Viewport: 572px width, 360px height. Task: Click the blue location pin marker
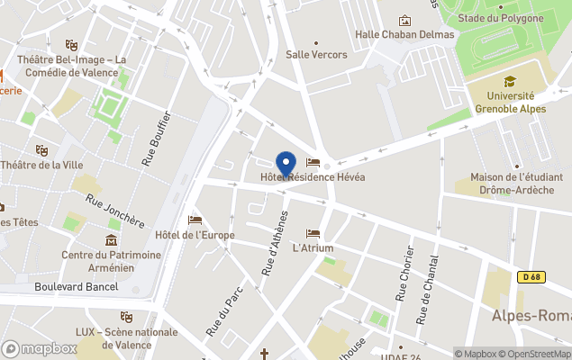coord(286,165)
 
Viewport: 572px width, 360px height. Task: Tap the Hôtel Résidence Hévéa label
coord(313,177)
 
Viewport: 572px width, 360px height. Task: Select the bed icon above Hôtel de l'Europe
coord(195,220)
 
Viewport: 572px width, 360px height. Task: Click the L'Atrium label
coord(313,247)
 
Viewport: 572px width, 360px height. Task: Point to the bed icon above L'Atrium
coord(313,233)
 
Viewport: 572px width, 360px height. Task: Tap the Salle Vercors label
coord(316,54)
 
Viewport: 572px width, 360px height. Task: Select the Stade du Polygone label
coord(500,18)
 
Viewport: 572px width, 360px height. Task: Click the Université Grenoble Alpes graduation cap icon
coord(510,81)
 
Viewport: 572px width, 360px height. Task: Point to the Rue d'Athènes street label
coord(274,243)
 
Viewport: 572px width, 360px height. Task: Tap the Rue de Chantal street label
coord(427,290)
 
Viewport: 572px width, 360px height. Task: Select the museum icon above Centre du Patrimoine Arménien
coord(111,240)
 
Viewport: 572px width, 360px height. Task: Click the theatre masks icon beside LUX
coord(127,318)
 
